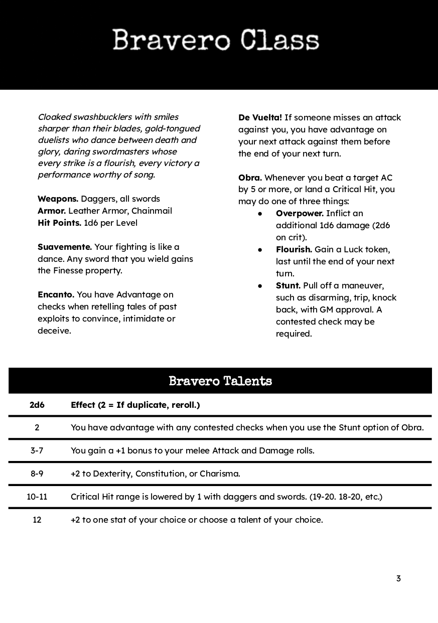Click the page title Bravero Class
tap(216, 41)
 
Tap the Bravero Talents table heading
tap(220, 381)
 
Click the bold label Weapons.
tap(58, 199)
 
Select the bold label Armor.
tap(52, 211)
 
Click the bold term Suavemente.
tap(65, 247)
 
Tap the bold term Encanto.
tap(56, 294)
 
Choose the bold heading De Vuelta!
tap(260, 117)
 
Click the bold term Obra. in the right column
tap(250, 178)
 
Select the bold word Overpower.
tap(300, 213)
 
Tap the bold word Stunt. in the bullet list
tap(288, 285)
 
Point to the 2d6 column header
tap(37, 405)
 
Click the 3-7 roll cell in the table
tap(37, 450)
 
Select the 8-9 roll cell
tap(37, 474)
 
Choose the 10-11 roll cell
tap(37, 497)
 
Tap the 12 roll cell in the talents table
tap(37, 520)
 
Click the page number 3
tap(398, 578)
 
